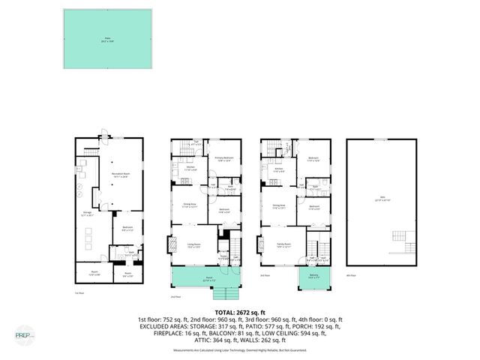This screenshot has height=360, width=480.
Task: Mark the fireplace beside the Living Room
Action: (x=169, y=244)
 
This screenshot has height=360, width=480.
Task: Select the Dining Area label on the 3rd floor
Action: (x=279, y=206)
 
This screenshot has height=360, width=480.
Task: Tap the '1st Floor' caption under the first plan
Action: (x=79, y=292)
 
